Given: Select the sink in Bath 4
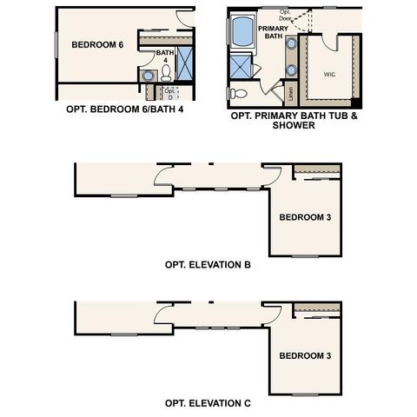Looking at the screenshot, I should coord(149,77).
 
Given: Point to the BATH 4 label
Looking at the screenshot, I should coord(165,56).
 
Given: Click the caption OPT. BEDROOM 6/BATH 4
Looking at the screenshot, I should coord(124,110).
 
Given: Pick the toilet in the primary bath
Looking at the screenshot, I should coord(238,92).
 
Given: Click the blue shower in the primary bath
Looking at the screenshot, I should coord(240,66).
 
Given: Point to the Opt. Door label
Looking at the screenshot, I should coord(286,15).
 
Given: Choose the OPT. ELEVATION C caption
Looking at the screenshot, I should coord(208,403).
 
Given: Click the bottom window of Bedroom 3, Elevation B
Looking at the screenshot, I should coord(304,256).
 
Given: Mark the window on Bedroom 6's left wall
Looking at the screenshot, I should coord(57,47).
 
